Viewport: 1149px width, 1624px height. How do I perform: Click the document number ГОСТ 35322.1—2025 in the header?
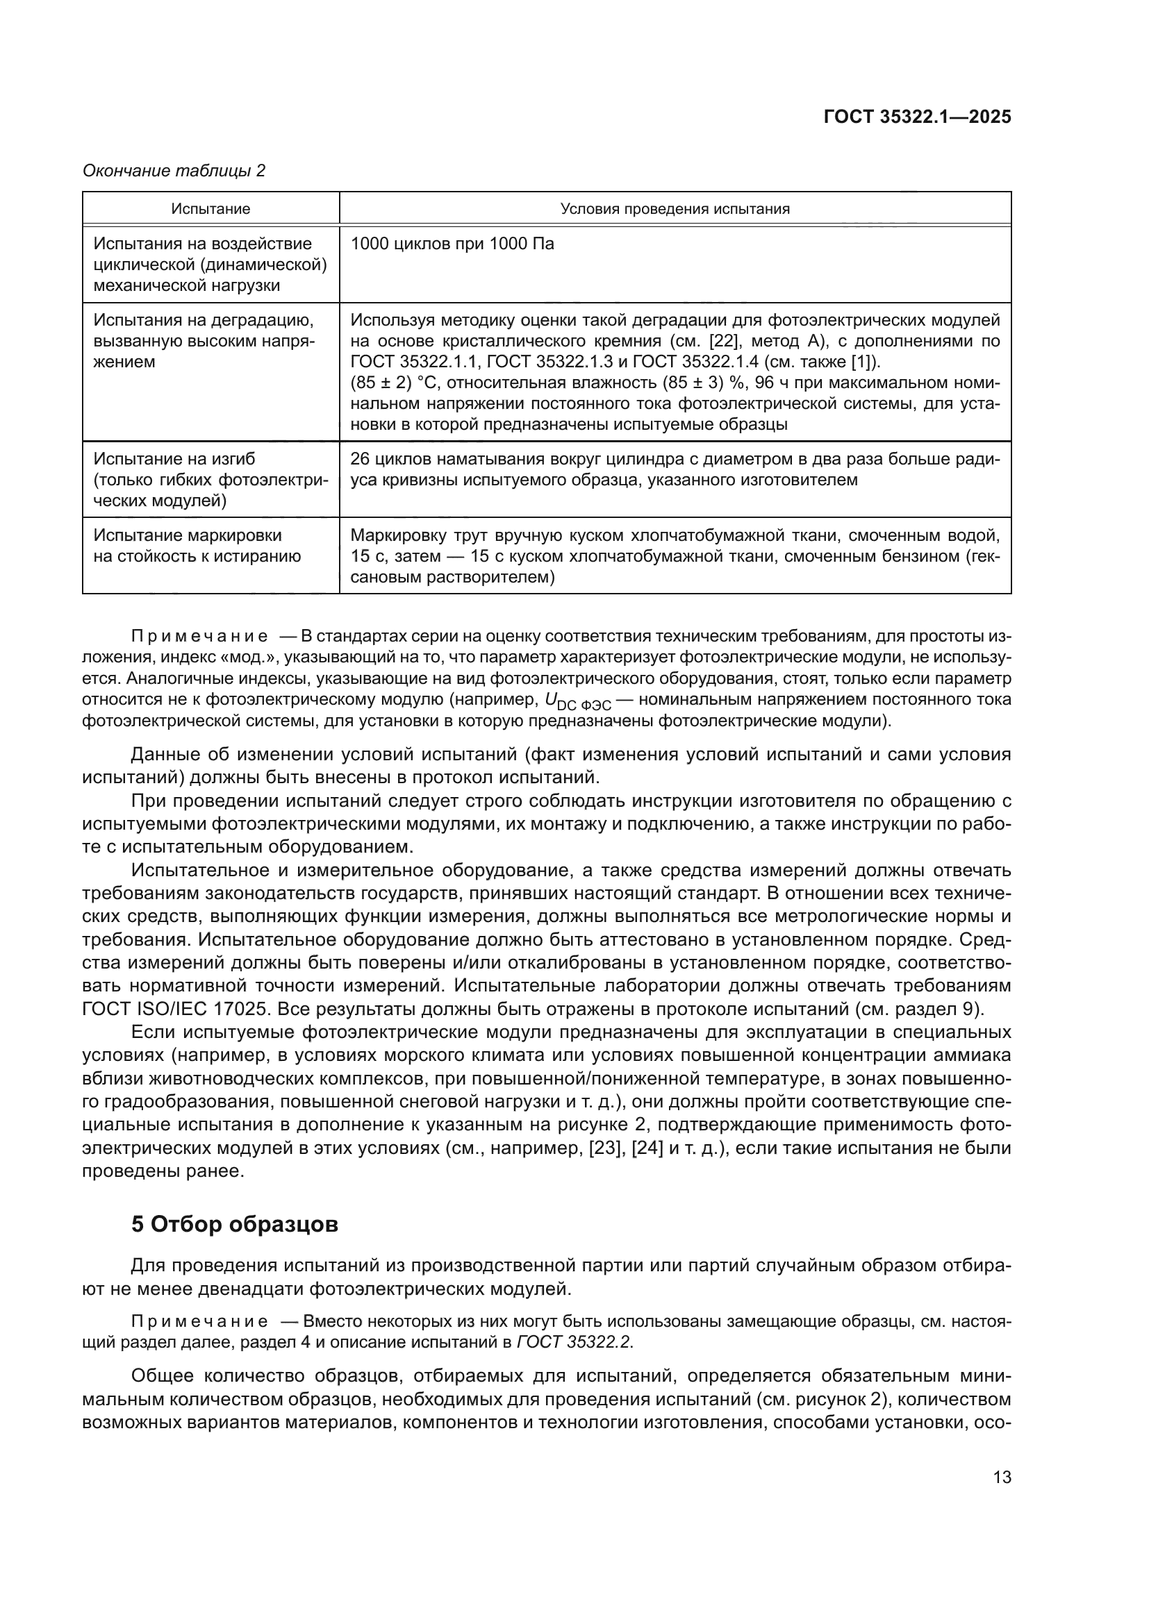point(918,117)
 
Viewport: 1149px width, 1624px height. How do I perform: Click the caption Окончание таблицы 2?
point(174,171)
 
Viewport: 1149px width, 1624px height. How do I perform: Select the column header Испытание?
point(211,209)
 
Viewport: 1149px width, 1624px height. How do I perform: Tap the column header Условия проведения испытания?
point(675,209)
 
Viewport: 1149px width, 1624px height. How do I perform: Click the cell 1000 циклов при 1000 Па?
point(452,244)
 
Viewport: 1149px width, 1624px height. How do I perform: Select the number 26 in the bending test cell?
point(360,458)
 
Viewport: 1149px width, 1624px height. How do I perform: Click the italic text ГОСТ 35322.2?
point(573,1343)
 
